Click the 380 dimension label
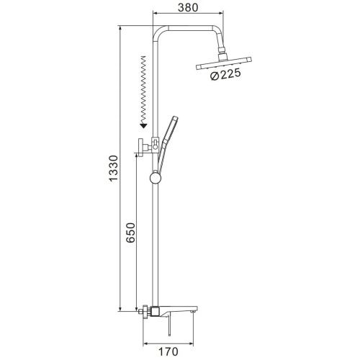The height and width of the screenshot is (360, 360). tap(188, 7)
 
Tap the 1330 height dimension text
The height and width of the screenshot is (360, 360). tap(113, 168)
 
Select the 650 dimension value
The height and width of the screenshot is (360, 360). tap(131, 233)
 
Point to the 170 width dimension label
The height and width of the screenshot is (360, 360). tap(168, 352)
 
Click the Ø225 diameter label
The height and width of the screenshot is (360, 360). tap(225, 75)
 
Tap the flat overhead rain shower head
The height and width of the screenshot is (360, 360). tap(224, 63)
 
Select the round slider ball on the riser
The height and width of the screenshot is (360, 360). tap(156, 179)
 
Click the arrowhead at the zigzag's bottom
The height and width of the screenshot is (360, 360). tap(143, 125)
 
